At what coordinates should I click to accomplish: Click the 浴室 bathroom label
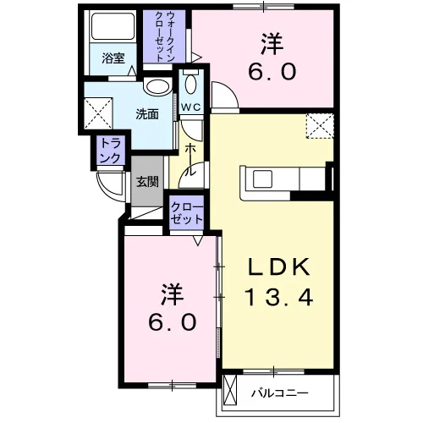coord(113,58)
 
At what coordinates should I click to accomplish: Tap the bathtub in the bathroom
coord(113,26)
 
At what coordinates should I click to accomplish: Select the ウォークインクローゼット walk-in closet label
coord(164,36)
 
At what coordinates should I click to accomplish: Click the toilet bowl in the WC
coord(191,84)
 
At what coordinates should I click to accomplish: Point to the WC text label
coord(191,107)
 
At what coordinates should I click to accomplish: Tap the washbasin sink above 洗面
coord(157,87)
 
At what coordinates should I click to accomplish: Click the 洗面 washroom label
coord(147,114)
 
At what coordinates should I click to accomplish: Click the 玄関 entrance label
coord(147,182)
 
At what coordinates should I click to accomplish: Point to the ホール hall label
coord(190,160)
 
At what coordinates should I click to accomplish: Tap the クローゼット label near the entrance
coord(186,213)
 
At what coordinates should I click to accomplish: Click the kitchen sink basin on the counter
coord(262,179)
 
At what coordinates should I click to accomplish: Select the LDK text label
coord(278,266)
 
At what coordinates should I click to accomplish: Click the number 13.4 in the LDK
coord(278,297)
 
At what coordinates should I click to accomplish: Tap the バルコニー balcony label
coord(279,393)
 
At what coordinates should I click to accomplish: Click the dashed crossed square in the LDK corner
coord(320,126)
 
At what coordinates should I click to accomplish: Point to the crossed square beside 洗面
coord(98,113)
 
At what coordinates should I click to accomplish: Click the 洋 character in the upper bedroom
coord(272,45)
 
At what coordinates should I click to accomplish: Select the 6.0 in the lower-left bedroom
coord(173,322)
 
